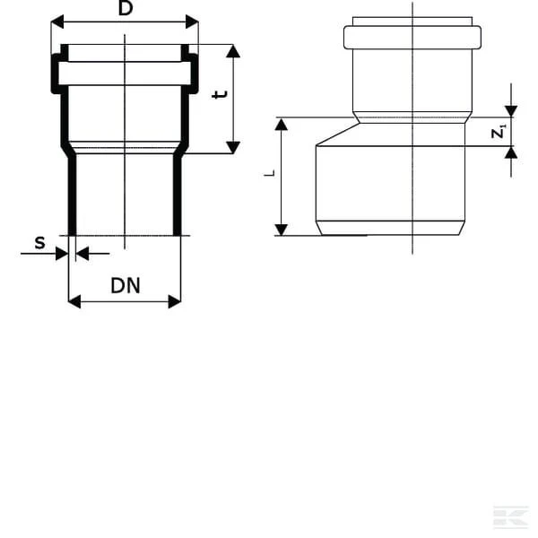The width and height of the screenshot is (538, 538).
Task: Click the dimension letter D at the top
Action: click(126, 8)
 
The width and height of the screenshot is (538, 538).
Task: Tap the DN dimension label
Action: click(126, 286)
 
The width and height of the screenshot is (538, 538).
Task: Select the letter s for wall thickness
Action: click(39, 243)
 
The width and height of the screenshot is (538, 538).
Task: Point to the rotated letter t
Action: click(220, 94)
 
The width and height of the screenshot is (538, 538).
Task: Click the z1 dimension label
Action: click(499, 132)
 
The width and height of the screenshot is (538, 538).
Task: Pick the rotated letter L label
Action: click(270, 173)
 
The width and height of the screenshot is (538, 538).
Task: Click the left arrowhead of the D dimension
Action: click(57, 22)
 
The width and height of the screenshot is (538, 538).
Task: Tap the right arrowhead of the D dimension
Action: click(192, 22)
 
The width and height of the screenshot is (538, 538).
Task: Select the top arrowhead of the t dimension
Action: click(233, 51)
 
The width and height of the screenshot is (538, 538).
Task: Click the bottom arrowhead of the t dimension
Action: click(233, 147)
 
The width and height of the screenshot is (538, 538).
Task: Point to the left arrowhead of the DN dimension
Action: click(74, 301)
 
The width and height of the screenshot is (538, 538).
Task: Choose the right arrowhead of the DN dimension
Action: click(175, 301)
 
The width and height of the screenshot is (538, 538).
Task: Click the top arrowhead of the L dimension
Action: click(282, 124)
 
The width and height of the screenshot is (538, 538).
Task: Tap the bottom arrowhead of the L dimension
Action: click(282, 230)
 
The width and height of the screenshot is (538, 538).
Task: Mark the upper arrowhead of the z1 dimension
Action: click(511, 111)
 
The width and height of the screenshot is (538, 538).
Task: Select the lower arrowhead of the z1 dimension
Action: click(511, 152)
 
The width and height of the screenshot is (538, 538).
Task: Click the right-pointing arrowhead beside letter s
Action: click(62, 254)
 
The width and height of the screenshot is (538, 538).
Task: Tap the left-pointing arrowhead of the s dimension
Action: click(82, 254)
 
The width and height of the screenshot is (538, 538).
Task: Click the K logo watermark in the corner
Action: click(510, 517)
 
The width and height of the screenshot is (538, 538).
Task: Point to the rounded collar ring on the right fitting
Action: click(412, 26)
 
